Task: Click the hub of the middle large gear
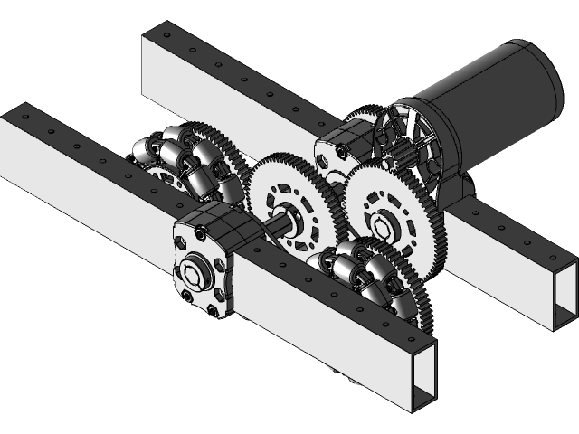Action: (288, 217)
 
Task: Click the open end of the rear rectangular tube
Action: (562, 294)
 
